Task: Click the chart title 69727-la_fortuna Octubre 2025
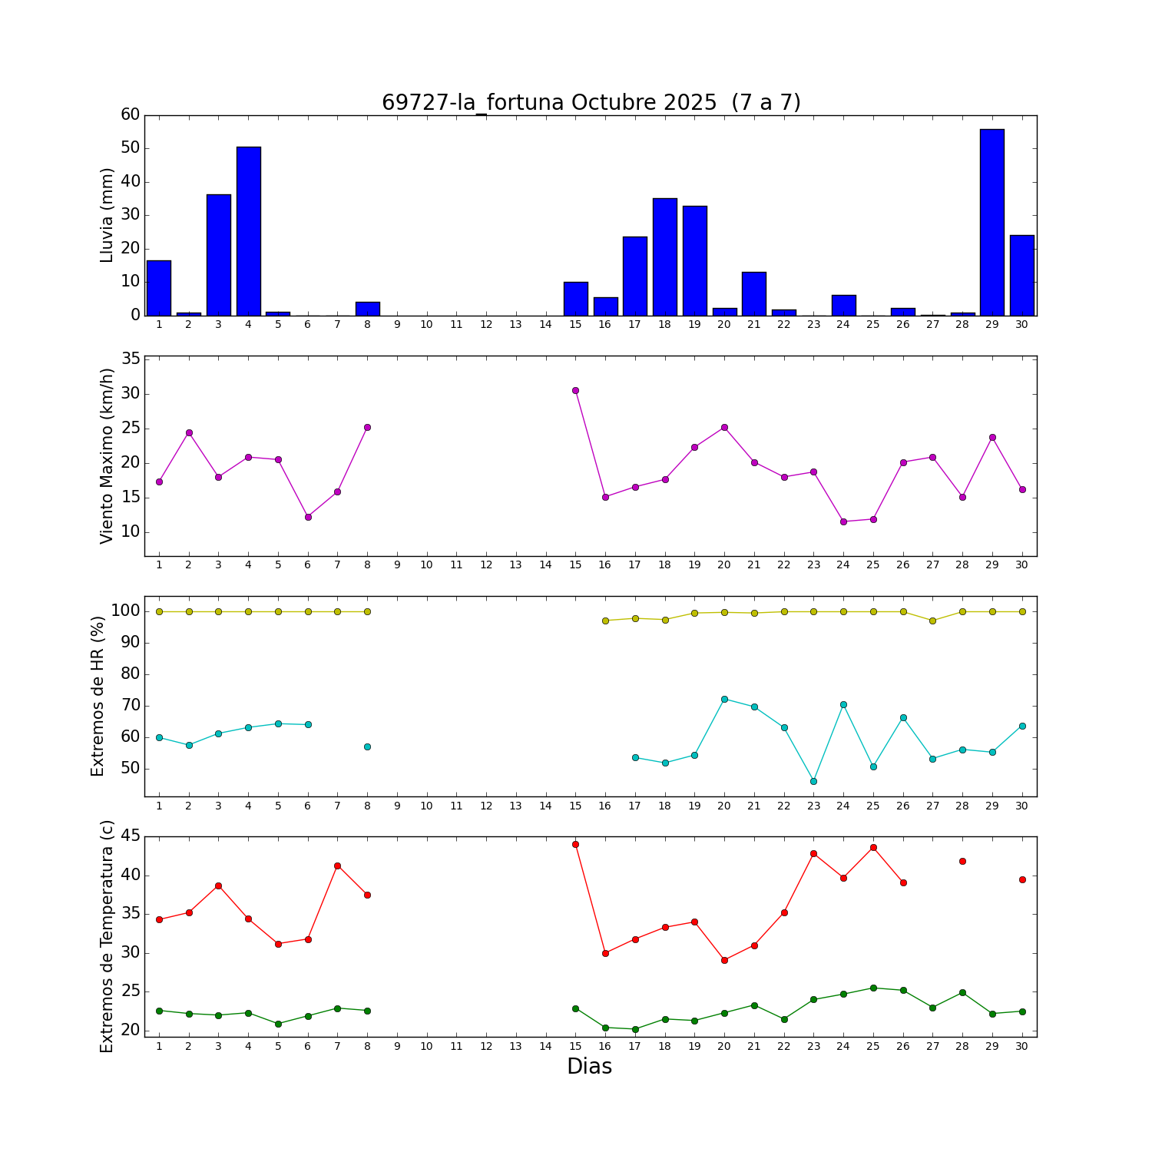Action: coord(591,103)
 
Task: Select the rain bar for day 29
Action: coord(992,223)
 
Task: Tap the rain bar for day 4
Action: coord(248,230)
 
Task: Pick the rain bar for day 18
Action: coord(665,257)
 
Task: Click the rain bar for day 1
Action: coord(159,288)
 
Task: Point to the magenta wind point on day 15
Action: coord(575,390)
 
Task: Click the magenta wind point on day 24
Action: coord(843,521)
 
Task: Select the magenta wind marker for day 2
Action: coord(189,432)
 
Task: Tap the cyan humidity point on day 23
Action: coord(813,781)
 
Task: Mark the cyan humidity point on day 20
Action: coord(724,699)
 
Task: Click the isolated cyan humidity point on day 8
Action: coord(367,746)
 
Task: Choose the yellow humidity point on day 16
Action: coord(605,621)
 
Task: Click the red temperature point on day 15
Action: coord(575,844)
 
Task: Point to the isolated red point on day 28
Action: coord(962,861)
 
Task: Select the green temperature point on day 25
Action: coord(873,988)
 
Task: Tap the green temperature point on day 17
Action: coord(635,1029)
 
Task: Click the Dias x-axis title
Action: coord(589,1066)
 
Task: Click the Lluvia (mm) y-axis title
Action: coord(107,215)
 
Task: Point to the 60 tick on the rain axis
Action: coord(131,115)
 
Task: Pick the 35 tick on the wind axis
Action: coord(131,359)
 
